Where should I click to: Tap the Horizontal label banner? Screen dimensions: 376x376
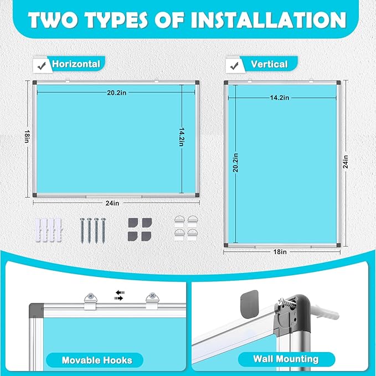pyautogui.click(x=76, y=64)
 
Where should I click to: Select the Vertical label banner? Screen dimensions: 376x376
pyautogui.click(x=269, y=64)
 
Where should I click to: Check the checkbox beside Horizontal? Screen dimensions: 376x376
pyautogui.click(x=40, y=65)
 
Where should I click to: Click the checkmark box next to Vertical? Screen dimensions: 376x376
pyautogui.click(x=233, y=65)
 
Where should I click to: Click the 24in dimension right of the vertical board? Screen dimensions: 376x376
pyautogui.click(x=346, y=163)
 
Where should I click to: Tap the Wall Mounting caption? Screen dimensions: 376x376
pyautogui.click(x=286, y=358)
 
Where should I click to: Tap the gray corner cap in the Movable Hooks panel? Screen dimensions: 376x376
pyautogui.click(x=35, y=308)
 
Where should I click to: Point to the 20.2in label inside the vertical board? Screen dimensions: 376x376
pyautogui.click(x=236, y=163)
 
